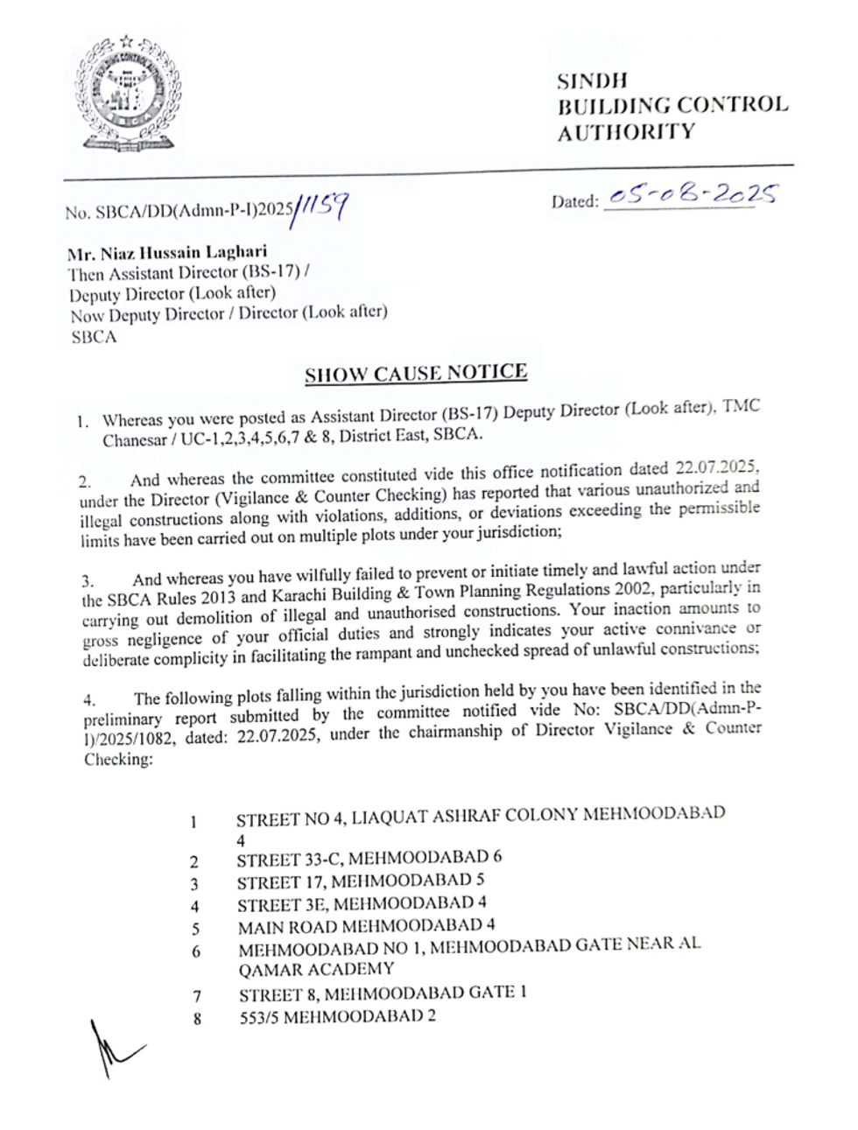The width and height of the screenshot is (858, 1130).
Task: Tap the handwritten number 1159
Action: [x=322, y=207]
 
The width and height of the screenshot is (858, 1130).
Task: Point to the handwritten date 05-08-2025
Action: [x=692, y=194]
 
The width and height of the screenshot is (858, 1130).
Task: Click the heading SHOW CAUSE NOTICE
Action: [x=416, y=373]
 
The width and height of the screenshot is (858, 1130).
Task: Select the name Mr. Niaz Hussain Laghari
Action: [x=167, y=253]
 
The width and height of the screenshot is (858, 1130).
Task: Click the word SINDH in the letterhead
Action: [x=593, y=81]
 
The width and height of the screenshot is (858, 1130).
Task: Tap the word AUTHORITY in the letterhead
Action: [x=626, y=133]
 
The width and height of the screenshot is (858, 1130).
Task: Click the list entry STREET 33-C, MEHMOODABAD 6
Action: [x=369, y=859]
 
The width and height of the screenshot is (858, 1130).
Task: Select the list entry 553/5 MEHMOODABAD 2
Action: [x=338, y=1017]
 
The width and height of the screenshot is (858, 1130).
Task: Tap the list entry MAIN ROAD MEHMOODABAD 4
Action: [x=366, y=926]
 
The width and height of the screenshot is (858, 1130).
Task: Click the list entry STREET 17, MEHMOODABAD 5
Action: [x=360, y=881]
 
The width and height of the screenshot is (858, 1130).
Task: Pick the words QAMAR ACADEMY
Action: [x=316, y=970]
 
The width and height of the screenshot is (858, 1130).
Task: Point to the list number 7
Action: [x=197, y=996]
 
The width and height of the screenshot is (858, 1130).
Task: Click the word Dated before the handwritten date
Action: [x=574, y=201]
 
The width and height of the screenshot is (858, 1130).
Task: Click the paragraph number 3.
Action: [x=88, y=581]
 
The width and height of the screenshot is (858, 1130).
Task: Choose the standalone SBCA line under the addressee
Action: [x=94, y=338]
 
